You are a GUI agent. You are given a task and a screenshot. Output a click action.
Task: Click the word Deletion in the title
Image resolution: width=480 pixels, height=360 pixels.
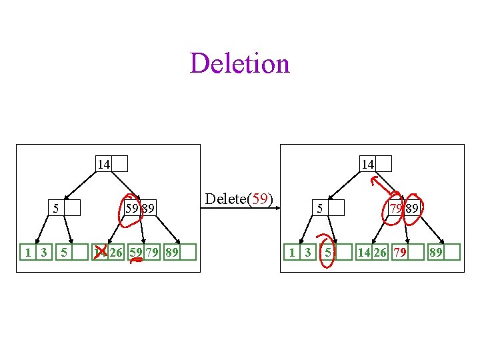[x=239, y=64]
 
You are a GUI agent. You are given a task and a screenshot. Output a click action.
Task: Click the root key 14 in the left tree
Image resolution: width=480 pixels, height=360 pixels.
[x=103, y=164]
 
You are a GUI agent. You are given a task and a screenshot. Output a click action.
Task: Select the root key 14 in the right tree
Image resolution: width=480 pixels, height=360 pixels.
[x=367, y=164]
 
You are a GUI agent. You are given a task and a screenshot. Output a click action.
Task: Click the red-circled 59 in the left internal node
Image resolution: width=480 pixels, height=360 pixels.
[x=132, y=209]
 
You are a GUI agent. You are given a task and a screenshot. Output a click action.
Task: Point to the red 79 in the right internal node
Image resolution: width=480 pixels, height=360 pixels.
[x=397, y=209]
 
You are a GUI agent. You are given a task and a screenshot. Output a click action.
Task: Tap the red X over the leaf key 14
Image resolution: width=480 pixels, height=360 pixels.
[x=101, y=251]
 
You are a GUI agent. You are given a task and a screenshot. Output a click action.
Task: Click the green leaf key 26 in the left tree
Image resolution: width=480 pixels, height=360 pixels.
[x=117, y=252]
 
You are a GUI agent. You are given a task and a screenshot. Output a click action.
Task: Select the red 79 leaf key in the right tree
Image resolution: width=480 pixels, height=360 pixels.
[x=400, y=252]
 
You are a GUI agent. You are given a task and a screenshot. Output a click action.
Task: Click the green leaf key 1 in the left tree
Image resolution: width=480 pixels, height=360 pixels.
[x=27, y=252]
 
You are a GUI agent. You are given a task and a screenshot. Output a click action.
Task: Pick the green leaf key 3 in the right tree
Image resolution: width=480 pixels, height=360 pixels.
[x=307, y=252]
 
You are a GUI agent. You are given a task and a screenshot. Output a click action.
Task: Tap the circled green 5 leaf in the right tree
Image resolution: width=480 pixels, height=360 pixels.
[x=328, y=252]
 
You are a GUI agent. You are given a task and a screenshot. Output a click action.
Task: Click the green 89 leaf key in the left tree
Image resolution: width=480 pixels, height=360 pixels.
[x=171, y=252]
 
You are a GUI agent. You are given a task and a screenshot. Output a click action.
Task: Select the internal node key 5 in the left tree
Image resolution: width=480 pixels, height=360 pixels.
[x=56, y=209]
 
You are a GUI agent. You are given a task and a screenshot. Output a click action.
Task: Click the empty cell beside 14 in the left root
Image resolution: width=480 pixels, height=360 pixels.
[x=120, y=164]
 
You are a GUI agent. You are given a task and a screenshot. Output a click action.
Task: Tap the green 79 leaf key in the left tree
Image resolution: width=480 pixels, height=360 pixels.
[x=153, y=252]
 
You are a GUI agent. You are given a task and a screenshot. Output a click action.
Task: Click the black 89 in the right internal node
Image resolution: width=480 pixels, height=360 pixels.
[x=413, y=209]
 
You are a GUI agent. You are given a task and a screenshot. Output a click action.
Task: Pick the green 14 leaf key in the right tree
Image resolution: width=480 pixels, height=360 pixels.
[x=364, y=252]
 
